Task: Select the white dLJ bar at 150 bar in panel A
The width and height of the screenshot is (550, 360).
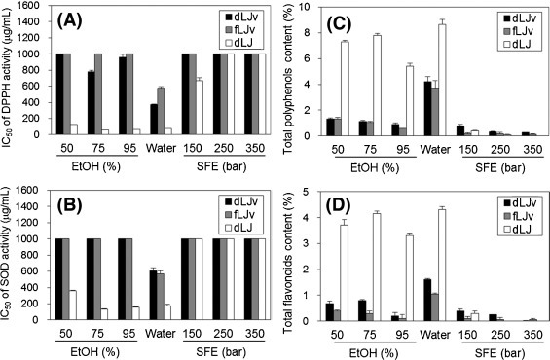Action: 200,108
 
